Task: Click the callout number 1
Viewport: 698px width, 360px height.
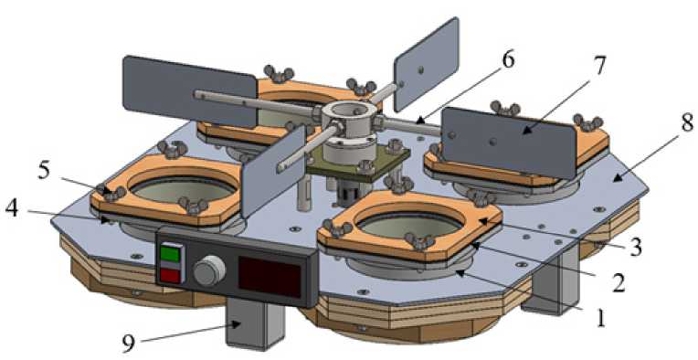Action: coord(600,318)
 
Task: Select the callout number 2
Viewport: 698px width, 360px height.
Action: coord(619,282)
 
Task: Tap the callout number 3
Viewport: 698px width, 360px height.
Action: coord(635,247)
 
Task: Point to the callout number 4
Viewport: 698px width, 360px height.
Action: coord(13,209)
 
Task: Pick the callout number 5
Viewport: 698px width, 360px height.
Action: coord(44,172)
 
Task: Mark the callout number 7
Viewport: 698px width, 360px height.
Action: coord(599,66)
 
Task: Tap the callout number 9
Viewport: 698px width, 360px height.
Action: coord(129,343)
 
